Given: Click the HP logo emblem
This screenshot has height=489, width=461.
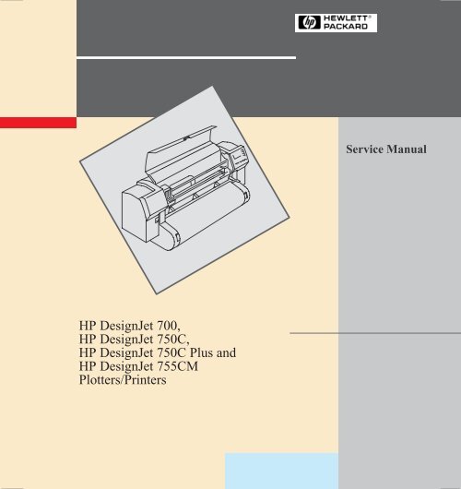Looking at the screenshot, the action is [309, 22].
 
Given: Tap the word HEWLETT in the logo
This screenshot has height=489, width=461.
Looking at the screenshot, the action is [346, 18].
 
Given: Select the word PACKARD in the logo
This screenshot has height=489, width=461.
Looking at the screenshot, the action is [346, 27].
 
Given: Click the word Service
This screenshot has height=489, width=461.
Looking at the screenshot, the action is [365, 149].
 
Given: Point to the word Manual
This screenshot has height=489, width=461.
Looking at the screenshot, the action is [407, 149].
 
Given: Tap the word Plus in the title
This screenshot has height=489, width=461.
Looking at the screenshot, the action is [201, 352].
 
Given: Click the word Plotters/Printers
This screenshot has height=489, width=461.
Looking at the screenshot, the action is [123, 380].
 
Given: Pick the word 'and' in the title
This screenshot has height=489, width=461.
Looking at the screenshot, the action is [226, 352].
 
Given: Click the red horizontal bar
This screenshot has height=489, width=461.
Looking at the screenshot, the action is [38, 123].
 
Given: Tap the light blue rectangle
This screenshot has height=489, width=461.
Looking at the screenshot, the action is [281, 471].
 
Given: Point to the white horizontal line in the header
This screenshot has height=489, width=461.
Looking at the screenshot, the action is [186, 58].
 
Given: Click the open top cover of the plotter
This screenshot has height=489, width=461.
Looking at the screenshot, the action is [182, 149].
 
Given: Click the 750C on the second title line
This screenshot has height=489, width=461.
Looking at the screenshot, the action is [171, 339].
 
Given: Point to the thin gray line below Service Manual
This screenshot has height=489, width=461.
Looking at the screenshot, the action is [375, 333].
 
